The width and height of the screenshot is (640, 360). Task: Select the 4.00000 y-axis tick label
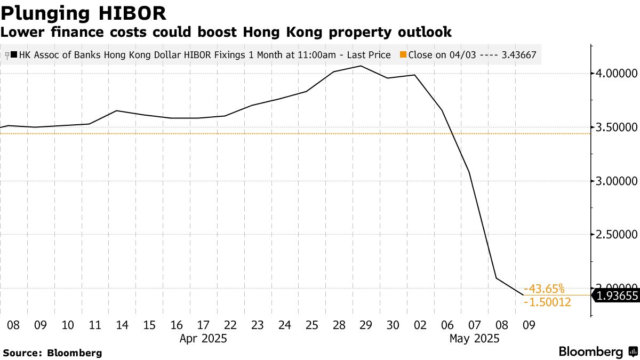pyautogui.click(x=617, y=73)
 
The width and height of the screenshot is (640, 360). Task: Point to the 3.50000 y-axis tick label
pyautogui.click(x=617, y=127)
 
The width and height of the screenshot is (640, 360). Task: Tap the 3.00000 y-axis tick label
pyautogui.click(x=617, y=181)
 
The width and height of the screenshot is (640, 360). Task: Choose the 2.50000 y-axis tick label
pyautogui.click(x=617, y=235)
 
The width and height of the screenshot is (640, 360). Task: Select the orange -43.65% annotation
pyautogui.click(x=544, y=289)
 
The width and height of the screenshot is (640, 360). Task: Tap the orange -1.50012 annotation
pyautogui.click(x=548, y=302)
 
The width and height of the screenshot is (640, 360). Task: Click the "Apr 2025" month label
pyautogui.click(x=203, y=338)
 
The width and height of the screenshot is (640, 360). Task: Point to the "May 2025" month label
pyautogui.click(x=474, y=338)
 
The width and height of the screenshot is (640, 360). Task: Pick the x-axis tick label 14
pyautogui.click(x=122, y=324)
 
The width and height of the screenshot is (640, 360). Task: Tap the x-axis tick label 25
pyautogui.click(x=312, y=324)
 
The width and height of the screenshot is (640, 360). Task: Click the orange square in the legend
pyautogui.click(x=403, y=55)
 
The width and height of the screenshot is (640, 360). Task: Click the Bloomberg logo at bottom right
pyautogui.click(x=597, y=352)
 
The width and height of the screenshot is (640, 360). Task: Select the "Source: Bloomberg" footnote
pyautogui.click(x=52, y=353)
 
